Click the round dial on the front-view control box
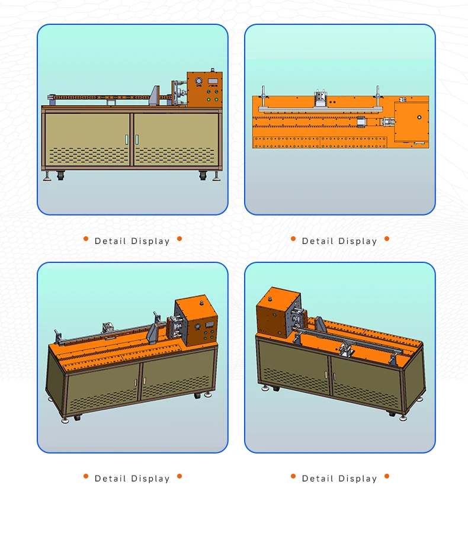[x=198, y=81]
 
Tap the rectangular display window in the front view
[x=213, y=81]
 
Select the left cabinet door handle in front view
[x=126, y=139]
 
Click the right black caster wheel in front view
[x=203, y=175]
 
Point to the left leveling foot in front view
[x=47, y=176]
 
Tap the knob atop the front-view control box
[x=213, y=69]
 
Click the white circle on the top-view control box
[x=419, y=117]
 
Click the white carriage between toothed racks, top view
[x=361, y=122]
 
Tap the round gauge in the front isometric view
[x=197, y=326]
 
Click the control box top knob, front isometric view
[x=202, y=303]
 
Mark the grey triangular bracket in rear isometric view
[x=319, y=325]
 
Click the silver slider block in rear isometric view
[x=346, y=349]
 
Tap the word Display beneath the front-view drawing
[x=150, y=242]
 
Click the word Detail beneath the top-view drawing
[x=318, y=242]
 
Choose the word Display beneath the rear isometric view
[x=358, y=479]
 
